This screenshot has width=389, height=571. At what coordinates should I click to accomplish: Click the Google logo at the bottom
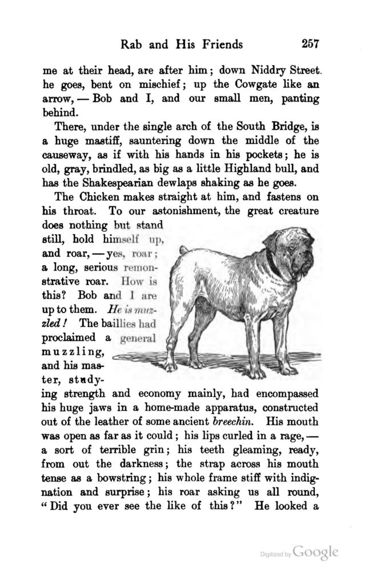click(316, 552)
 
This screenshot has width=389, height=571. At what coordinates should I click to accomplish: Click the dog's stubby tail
click(182, 250)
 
